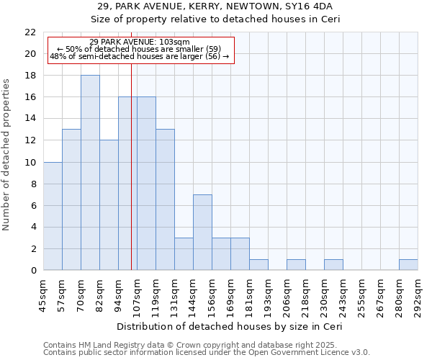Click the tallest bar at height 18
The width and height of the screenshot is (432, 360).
90,173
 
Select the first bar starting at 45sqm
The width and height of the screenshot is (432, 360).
53,216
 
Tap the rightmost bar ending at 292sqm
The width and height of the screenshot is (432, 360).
408,265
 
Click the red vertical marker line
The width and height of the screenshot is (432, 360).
131,180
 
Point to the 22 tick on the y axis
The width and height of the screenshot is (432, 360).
30,32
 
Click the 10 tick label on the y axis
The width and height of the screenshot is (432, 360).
30,162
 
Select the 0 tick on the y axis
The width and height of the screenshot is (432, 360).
33,270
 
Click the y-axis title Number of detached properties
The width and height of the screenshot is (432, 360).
7,155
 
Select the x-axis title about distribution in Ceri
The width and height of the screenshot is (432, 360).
229,326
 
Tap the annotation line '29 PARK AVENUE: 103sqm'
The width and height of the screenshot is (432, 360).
140,42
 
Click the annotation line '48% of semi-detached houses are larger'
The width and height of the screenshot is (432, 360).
140,56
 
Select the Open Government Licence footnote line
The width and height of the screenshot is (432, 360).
207,353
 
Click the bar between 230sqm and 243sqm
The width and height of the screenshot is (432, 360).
333,265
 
